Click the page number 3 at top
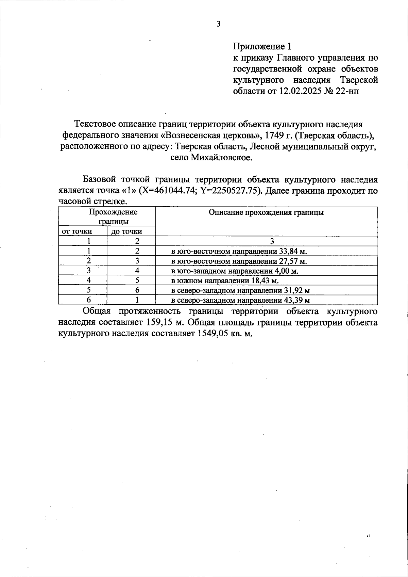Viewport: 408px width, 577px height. (218, 24)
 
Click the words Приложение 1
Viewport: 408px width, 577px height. (262, 46)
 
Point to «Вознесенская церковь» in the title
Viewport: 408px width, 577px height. (210, 135)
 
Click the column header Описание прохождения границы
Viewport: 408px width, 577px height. (266, 212)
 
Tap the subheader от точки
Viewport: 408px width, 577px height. (76, 231)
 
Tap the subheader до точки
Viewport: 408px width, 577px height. (126, 232)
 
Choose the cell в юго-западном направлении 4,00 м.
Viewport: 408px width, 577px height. (235, 271)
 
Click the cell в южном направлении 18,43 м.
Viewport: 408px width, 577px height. (224, 281)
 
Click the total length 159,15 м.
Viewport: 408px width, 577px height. (166, 322)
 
